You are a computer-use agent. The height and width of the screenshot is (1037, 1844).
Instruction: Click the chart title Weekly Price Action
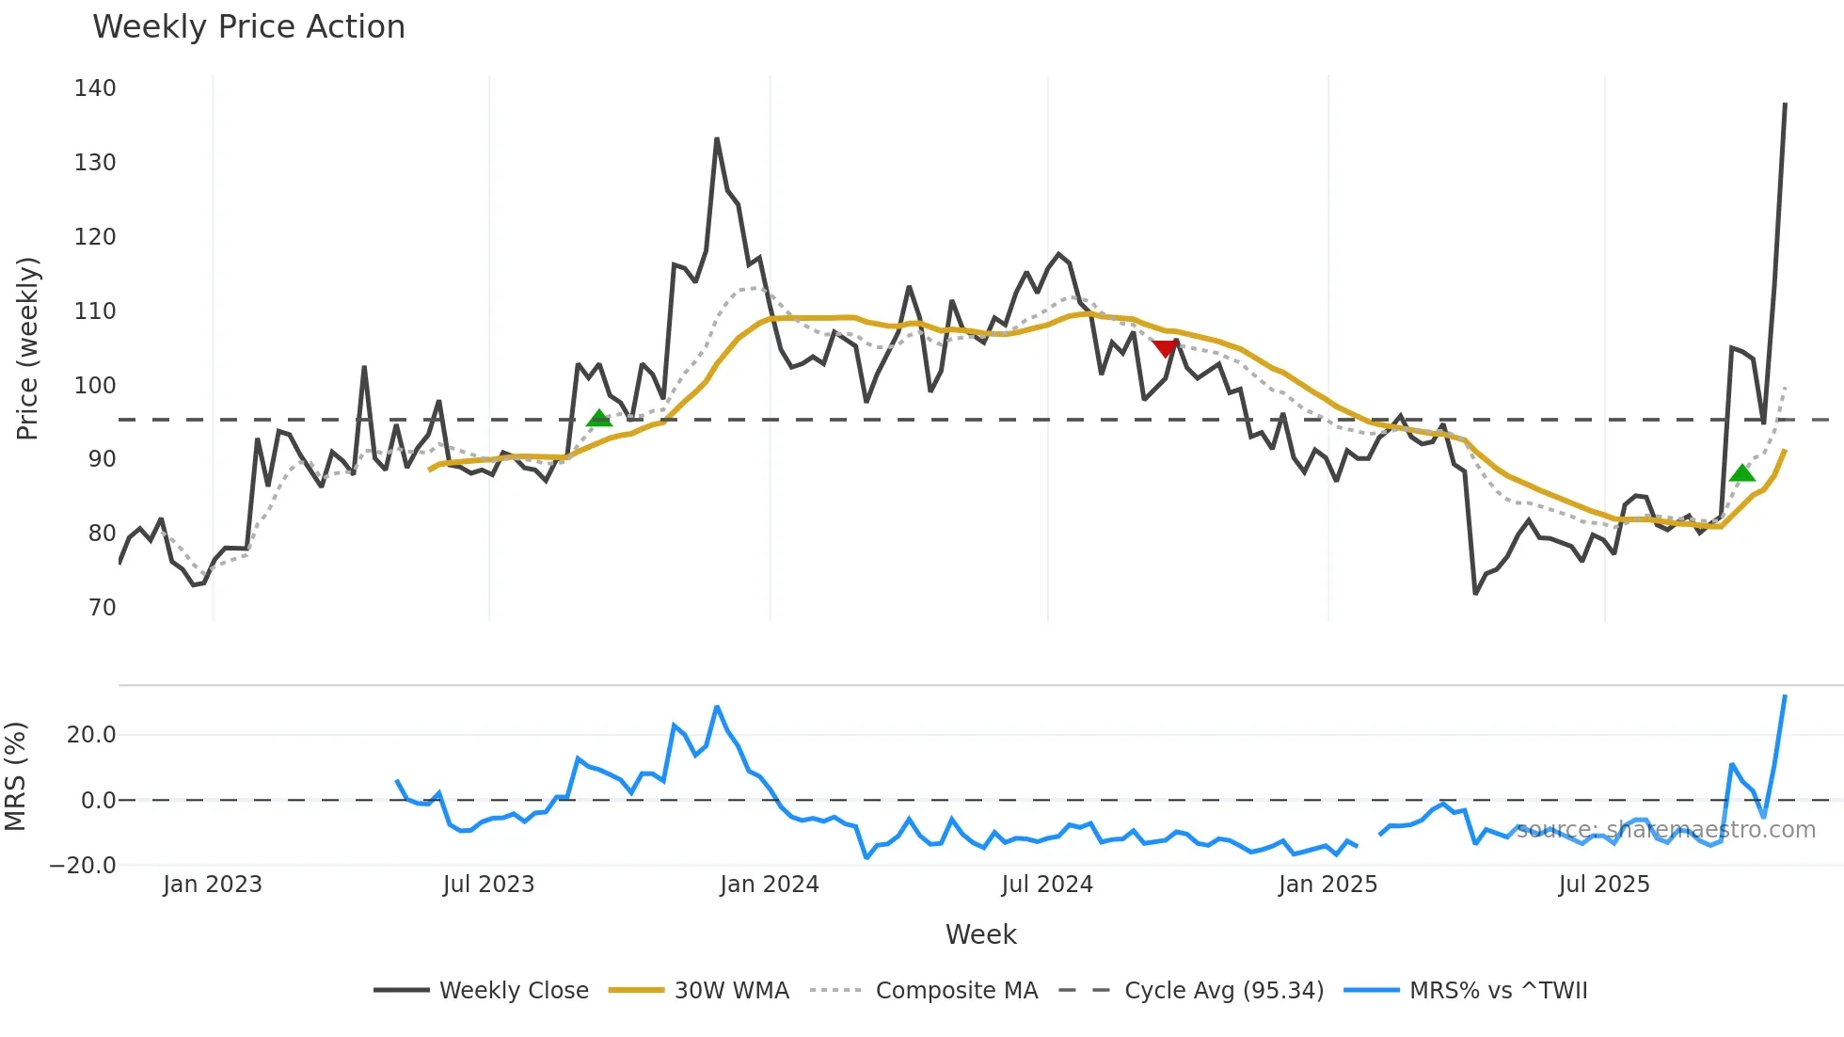point(248,27)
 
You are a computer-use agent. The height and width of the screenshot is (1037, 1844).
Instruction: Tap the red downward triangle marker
point(1166,349)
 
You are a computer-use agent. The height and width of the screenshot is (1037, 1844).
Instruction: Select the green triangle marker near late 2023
point(599,419)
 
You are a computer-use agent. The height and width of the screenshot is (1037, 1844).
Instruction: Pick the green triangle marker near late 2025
point(1742,472)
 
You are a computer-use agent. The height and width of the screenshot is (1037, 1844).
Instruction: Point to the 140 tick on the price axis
point(95,88)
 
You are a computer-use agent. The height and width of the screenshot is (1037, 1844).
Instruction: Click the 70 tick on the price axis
point(103,608)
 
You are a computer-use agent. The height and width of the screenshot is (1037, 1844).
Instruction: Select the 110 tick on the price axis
point(95,311)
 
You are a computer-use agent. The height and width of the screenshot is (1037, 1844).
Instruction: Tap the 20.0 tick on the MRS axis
point(91,735)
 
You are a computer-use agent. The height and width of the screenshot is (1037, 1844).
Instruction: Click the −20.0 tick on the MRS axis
point(83,866)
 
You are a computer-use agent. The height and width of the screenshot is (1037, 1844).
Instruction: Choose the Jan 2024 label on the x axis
point(770,885)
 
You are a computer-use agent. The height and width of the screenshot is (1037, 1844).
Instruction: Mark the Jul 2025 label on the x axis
point(1604,885)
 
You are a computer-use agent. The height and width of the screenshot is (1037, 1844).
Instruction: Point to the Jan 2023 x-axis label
point(213,885)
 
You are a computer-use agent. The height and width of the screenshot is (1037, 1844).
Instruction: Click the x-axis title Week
point(980,934)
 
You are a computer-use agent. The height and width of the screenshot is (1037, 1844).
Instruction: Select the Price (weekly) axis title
point(28,348)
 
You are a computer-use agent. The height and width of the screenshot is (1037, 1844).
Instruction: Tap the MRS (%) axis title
point(15,776)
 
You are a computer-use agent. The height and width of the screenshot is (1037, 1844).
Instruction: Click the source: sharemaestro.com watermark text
point(1665,830)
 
